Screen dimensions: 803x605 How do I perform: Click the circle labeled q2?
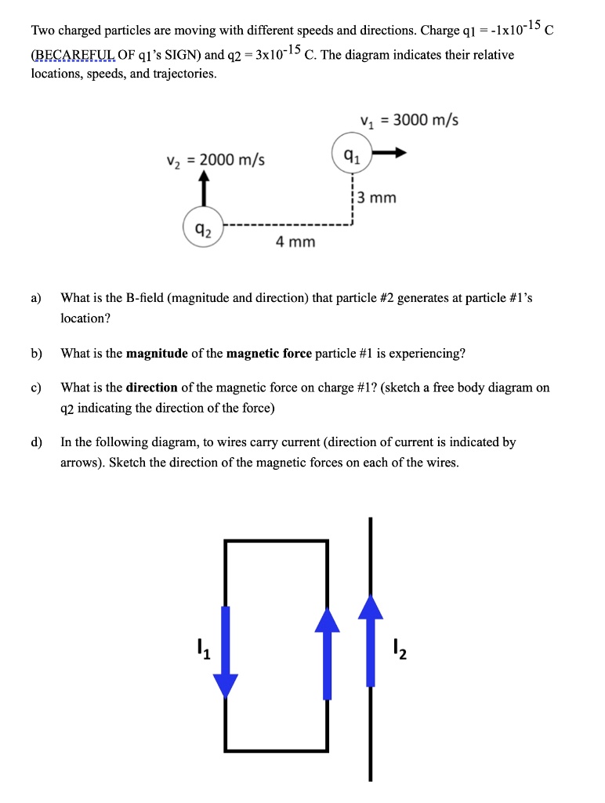[x=204, y=231]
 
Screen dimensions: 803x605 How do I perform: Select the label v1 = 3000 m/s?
[x=409, y=120]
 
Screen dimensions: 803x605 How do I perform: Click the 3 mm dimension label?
[x=378, y=198]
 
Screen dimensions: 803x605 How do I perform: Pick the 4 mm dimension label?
[x=295, y=242]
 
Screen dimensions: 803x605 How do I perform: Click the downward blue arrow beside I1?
[x=226, y=651]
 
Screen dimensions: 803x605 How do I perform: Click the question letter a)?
[x=36, y=298]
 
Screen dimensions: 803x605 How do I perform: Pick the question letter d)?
[x=36, y=442]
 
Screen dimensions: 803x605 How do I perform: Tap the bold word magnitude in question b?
[x=157, y=353]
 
